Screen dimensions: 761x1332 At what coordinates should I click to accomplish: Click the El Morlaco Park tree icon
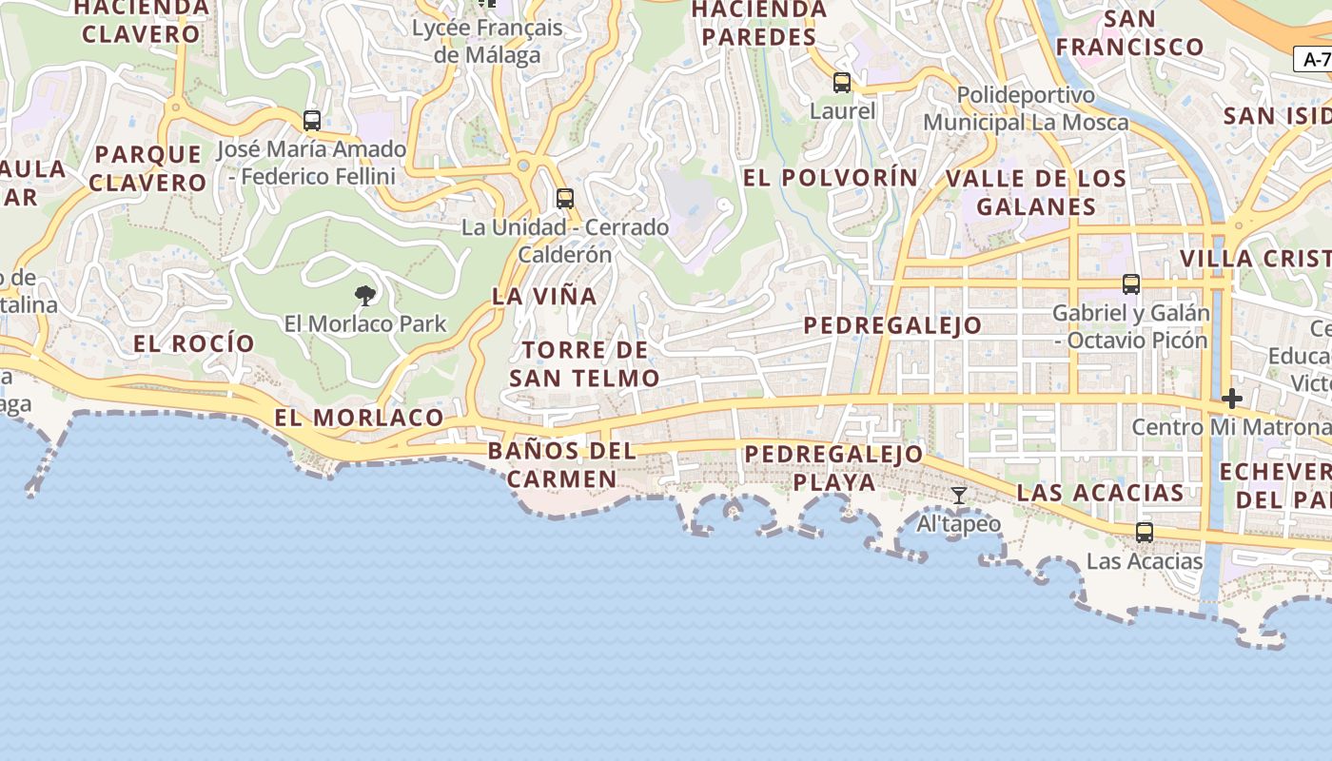tap(364, 296)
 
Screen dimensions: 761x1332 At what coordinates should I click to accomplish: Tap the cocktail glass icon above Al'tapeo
tap(959, 496)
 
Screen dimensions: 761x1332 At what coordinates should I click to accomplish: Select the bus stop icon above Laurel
tap(842, 83)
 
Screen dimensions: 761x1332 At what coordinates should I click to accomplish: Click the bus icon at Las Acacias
tap(1145, 533)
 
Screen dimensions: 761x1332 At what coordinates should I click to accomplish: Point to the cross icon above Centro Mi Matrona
tap(1232, 399)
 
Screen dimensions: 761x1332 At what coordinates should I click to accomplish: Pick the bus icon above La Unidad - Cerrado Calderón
tap(565, 199)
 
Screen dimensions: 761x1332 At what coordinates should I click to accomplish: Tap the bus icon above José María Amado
tap(312, 121)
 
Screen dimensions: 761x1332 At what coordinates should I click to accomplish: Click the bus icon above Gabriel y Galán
tap(1131, 284)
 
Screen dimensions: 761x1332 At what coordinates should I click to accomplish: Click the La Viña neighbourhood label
tap(545, 296)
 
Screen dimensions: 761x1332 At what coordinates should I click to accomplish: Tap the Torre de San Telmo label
tap(584, 364)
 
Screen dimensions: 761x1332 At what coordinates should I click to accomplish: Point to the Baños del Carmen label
tap(561, 464)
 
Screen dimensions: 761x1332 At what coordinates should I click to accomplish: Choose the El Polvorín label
tap(831, 178)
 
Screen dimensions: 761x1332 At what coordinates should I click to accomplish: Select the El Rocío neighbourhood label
tap(194, 343)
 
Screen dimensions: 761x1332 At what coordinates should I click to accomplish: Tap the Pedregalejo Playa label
tap(834, 468)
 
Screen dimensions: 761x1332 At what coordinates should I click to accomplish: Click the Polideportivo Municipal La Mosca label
tap(1027, 108)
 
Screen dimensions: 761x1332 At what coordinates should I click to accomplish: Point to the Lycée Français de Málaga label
tap(487, 41)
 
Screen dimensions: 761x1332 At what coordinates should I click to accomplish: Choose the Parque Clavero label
tap(148, 168)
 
